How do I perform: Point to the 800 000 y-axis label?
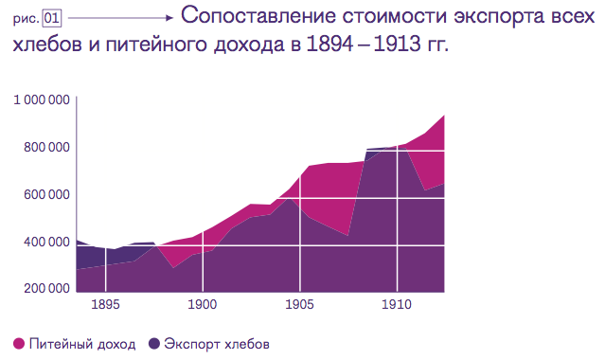tap(44, 148)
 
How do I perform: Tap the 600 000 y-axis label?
tap(44, 195)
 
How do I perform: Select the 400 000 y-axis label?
tap(44, 243)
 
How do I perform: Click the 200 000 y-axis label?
tap(44, 289)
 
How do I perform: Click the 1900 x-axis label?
tap(202, 305)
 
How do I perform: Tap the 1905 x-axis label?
tap(299, 305)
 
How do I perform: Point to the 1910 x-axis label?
tap(397, 305)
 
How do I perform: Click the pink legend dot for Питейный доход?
tap(18, 343)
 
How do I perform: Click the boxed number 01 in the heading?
tap(52, 17)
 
